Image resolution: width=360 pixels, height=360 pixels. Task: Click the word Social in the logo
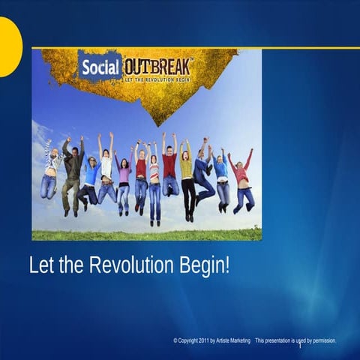[x=99, y=67]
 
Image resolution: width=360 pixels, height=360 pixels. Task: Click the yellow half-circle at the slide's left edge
[x=7, y=46]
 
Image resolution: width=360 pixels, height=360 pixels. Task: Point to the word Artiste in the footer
[x=230, y=340]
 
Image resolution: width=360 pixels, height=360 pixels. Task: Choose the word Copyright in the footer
[x=190, y=340]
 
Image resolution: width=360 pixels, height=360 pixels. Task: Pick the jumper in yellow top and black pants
[x=187, y=176]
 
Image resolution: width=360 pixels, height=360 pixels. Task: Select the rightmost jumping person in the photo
[x=242, y=180]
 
